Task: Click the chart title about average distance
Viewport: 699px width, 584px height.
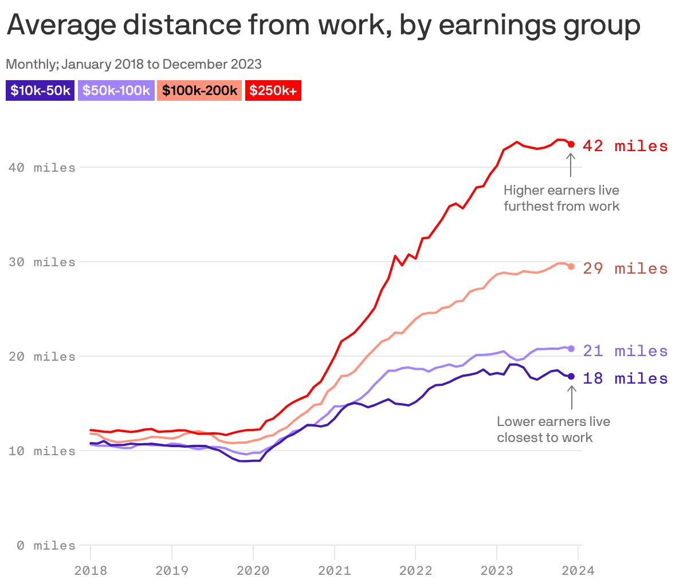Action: [323, 25]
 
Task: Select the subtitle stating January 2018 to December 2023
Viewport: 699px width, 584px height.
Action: [133, 64]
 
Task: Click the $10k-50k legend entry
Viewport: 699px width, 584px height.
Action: [40, 90]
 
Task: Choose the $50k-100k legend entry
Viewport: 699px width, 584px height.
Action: [116, 90]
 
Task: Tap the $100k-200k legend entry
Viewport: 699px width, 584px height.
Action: [200, 90]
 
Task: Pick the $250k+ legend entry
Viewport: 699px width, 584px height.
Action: [273, 90]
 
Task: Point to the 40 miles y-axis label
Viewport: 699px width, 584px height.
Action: [42, 168]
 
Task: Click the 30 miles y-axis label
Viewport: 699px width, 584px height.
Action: [42, 262]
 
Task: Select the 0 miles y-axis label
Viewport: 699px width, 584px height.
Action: [46, 546]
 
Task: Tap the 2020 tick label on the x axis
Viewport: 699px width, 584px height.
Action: [253, 570]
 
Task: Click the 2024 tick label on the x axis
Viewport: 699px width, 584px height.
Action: [578, 570]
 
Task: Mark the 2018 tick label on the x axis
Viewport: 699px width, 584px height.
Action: [91, 570]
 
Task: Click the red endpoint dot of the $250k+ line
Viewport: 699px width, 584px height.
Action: [571, 144]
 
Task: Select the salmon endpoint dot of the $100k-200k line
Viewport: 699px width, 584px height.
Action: [571, 266]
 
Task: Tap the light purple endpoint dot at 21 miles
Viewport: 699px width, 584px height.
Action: [571, 349]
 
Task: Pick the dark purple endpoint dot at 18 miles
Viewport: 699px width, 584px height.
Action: [571, 376]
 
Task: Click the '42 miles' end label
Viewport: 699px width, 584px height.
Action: [625, 146]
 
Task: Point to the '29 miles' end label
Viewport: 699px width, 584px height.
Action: [625, 269]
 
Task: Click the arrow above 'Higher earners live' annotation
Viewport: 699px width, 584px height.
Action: [570, 165]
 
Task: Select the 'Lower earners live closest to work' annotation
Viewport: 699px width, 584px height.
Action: [553, 429]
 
